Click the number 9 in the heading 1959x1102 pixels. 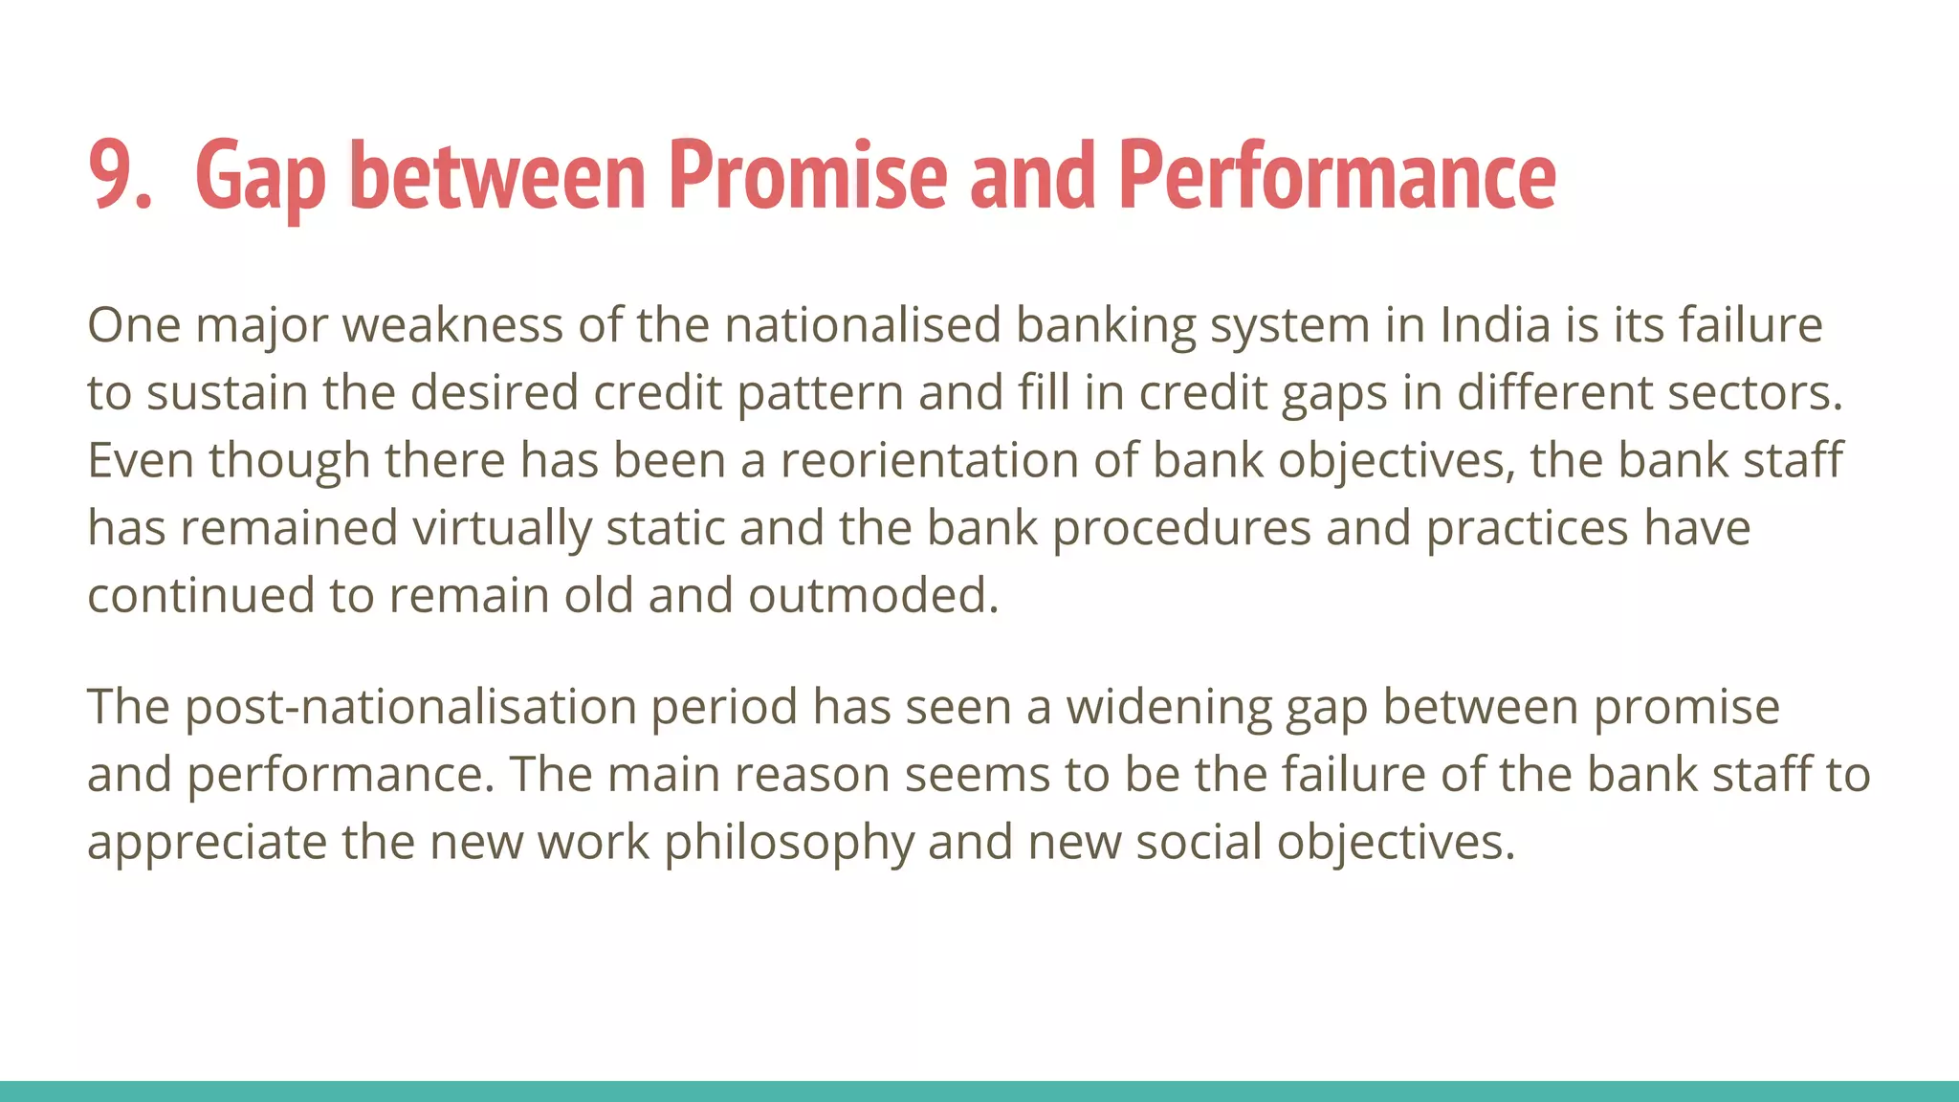click(113, 176)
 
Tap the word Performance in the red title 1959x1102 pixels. click(1336, 176)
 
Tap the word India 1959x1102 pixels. click(1494, 325)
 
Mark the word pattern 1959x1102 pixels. click(820, 393)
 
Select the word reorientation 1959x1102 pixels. click(930, 460)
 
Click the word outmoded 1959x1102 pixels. click(872, 596)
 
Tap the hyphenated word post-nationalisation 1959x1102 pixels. click(410, 707)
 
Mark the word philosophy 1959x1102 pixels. click(789, 843)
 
